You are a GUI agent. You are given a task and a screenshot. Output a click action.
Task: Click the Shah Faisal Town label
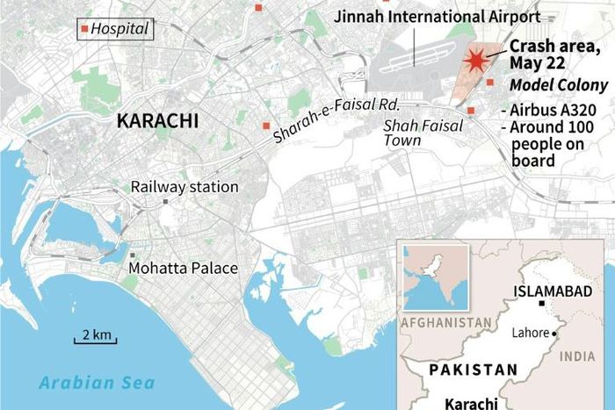416,133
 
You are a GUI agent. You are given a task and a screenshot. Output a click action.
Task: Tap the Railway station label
184,187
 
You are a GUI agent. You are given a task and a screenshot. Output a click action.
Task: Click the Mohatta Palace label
183,268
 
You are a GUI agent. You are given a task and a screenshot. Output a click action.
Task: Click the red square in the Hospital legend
84,29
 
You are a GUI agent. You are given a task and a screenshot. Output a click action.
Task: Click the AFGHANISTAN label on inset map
445,323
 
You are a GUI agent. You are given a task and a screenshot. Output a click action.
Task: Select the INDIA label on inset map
577,356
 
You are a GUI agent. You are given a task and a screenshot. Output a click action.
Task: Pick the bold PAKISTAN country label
473,370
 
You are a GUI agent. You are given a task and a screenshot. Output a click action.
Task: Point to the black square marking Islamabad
543,304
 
